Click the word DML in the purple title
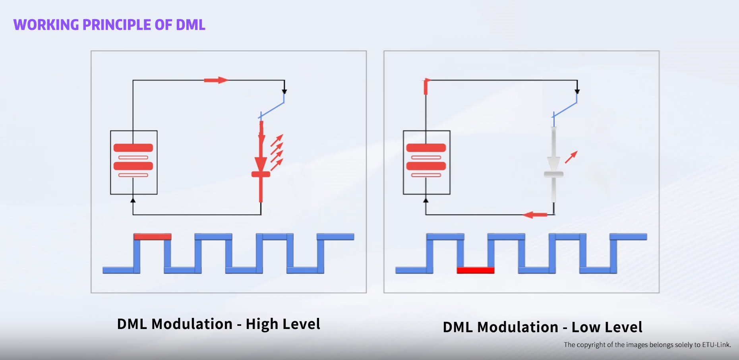pos(191,25)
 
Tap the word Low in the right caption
pos(587,327)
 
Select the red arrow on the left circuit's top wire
pos(216,80)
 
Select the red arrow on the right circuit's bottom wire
pos(535,215)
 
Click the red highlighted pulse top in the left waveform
pos(153,237)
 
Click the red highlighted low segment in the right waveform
pos(476,271)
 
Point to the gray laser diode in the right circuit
pos(553,165)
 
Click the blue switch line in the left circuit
pos(272,110)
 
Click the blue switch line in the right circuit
pos(565,110)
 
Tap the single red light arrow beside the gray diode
pos(571,157)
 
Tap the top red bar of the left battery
pos(133,148)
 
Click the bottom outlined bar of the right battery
pos(426,175)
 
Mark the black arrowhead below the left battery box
pos(133,200)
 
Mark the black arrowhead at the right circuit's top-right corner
pos(577,92)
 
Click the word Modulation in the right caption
pos(518,327)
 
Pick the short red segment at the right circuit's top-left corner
pos(426,86)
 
